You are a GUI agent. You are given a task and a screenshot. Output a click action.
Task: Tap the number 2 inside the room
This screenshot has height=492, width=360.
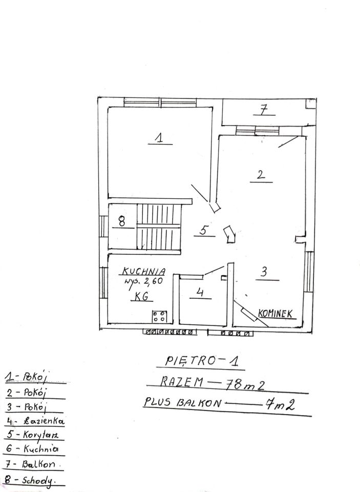[x=261, y=174]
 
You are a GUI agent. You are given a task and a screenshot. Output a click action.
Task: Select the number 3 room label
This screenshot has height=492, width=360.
[x=264, y=272]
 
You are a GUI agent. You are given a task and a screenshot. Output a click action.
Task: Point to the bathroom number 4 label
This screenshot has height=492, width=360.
[x=200, y=292]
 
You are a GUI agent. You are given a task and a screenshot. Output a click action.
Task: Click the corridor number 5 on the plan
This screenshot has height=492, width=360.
[x=203, y=230]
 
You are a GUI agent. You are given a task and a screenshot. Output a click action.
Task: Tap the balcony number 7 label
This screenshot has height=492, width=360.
[x=264, y=110]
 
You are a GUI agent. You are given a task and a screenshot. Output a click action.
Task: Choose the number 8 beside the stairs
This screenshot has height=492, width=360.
[x=122, y=221]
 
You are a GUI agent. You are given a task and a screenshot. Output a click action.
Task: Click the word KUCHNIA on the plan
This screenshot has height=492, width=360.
[x=143, y=271]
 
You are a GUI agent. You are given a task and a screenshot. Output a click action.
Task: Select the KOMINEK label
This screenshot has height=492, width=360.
[x=276, y=313]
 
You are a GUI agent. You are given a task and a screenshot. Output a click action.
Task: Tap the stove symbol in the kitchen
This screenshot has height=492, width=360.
[x=159, y=316]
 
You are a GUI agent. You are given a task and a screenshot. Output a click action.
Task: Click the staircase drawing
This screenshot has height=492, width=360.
[x=159, y=227]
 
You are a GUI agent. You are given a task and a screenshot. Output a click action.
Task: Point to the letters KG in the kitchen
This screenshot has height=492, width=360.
[x=141, y=296]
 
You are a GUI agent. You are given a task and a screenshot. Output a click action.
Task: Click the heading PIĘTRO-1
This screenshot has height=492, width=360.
[x=202, y=360]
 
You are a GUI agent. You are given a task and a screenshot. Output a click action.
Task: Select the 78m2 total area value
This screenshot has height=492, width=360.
[x=245, y=384]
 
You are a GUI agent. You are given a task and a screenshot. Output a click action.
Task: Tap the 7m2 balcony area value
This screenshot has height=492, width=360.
[x=280, y=405]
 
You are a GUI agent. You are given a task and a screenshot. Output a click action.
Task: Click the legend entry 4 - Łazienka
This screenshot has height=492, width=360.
[x=35, y=421]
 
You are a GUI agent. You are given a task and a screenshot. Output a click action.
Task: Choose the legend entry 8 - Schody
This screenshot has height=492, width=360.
[x=32, y=480]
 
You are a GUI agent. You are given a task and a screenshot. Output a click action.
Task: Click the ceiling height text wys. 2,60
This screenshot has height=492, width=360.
[x=143, y=281]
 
